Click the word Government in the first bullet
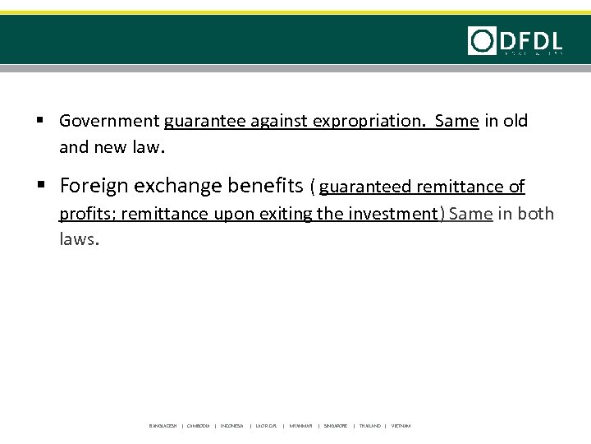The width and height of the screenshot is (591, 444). coord(110,122)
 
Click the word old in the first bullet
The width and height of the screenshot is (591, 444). coord(516,122)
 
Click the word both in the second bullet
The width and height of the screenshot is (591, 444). coord(537,215)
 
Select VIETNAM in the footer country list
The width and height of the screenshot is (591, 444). coord(401,426)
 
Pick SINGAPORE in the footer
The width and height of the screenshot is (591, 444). coord(335,426)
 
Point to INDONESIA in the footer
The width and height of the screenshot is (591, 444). coord(232,426)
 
